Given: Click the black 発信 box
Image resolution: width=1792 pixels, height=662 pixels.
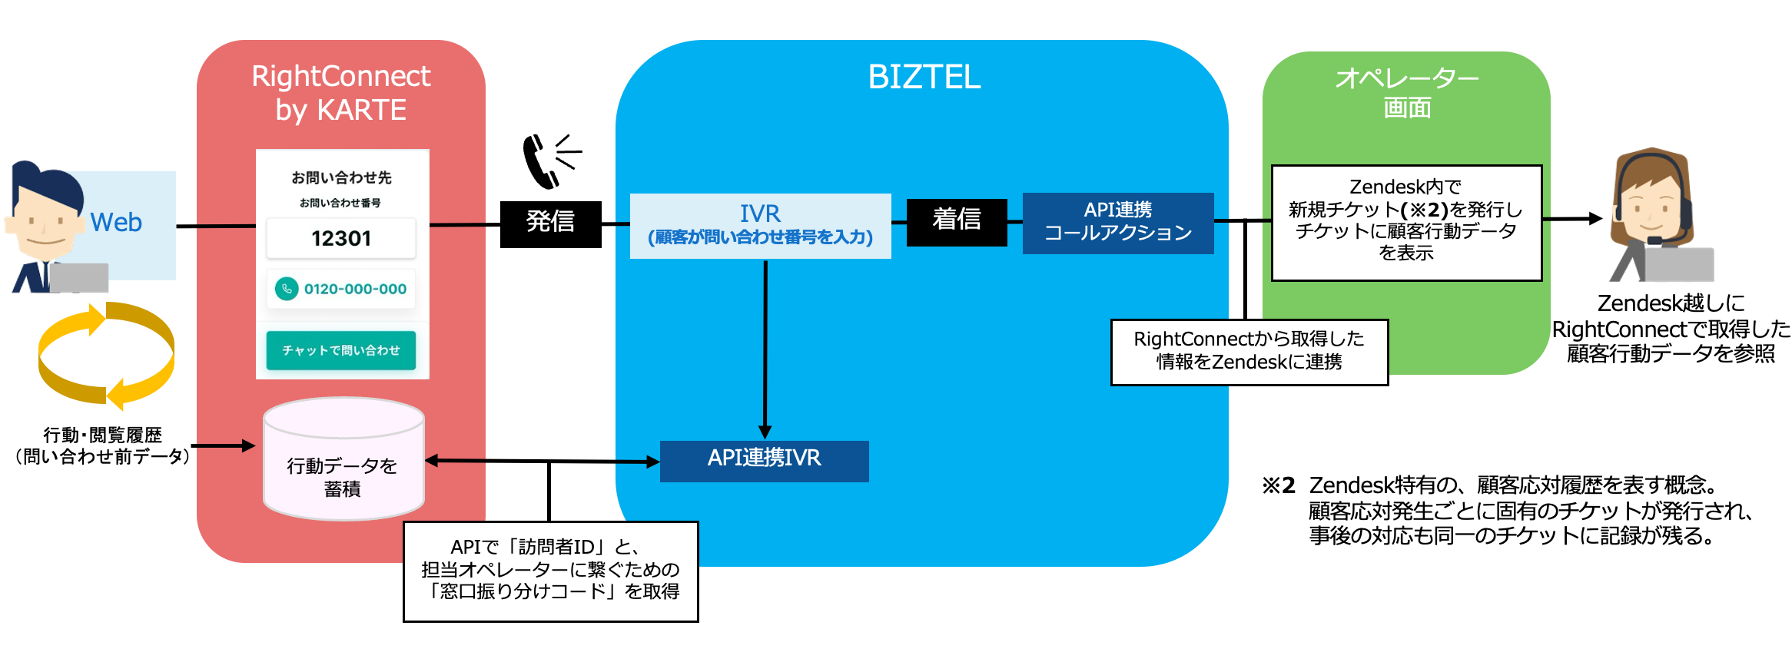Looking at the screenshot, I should [550, 223].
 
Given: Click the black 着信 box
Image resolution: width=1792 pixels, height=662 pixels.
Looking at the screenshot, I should [956, 222].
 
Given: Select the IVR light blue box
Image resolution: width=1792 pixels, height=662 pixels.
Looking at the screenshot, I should [760, 225].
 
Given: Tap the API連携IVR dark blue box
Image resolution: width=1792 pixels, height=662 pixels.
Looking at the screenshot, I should [764, 461].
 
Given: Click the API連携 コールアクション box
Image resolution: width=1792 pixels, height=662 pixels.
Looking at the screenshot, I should [1117, 223].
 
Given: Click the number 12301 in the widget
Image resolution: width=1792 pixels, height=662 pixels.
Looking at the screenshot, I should [341, 239].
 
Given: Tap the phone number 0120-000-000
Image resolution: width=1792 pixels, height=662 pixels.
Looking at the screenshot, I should [354, 290].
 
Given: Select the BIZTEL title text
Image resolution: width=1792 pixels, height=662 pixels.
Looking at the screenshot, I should [924, 78].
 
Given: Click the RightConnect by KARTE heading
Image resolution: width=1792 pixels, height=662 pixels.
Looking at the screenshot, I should [340, 93].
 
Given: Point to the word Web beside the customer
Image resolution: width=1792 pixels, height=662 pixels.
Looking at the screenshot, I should [116, 223].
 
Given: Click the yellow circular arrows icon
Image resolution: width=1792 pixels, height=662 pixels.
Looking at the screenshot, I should [106, 355].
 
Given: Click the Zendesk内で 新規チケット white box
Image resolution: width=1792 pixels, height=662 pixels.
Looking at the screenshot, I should [1405, 222].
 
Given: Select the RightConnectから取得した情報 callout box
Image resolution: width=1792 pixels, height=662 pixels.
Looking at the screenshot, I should [1249, 352].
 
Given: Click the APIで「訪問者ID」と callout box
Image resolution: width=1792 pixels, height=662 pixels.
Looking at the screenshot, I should [550, 571].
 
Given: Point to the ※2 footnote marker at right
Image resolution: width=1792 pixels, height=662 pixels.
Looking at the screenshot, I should [1279, 486].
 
